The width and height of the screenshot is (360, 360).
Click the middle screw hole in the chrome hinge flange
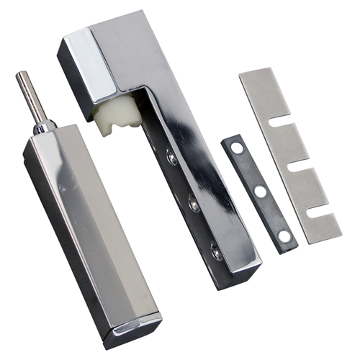192,204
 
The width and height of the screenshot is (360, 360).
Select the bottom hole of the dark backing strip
284,235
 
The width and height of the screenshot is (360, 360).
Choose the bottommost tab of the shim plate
321,227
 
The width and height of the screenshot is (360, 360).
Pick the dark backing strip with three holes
259,193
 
